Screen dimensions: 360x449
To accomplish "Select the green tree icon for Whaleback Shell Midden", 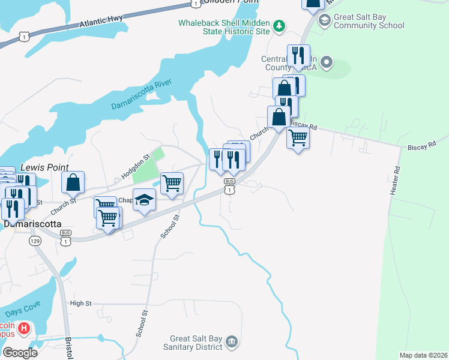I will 279,26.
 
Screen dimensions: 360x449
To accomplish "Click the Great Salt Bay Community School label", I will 369,22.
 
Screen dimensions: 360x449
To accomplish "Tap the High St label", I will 80,304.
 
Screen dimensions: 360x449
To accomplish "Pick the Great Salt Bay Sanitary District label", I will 196,343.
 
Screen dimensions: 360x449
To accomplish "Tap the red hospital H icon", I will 24,328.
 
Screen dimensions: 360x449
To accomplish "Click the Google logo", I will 20,352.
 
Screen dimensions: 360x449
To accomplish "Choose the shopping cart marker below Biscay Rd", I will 298,138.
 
